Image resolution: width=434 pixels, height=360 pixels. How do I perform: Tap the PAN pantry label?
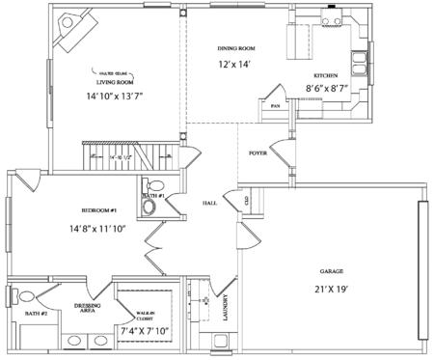tap(275, 106)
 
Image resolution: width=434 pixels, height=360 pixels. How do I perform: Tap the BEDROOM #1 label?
tap(98, 210)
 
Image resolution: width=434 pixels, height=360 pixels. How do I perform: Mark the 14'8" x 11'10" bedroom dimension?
tap(98, 229)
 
